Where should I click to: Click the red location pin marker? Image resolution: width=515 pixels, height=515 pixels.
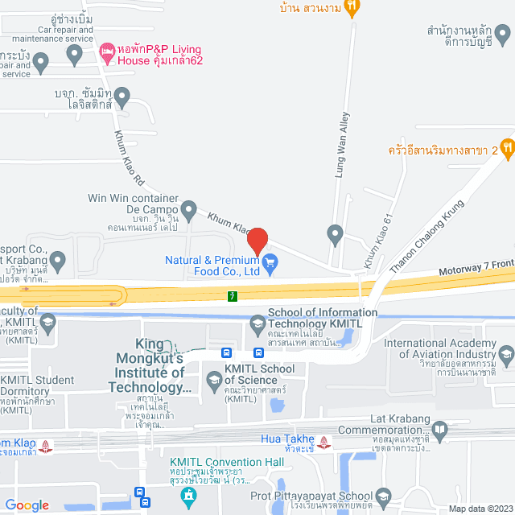click(257, 241)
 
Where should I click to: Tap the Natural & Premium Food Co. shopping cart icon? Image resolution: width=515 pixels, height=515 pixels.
click(270, 261)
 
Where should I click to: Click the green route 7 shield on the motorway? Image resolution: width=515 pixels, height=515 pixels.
click(233, 296)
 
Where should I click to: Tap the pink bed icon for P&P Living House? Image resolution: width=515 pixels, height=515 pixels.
click(106, 53)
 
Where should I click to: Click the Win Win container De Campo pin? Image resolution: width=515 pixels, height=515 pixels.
click(189, 211)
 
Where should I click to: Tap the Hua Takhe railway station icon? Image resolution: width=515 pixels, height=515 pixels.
click(323, 441)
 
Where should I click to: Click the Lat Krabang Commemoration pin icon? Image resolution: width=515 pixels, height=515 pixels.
click(439, 433)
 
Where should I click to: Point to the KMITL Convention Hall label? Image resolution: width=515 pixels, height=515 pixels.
click(227, 462)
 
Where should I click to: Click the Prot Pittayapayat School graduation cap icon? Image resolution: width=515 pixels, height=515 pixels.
click(383, 496)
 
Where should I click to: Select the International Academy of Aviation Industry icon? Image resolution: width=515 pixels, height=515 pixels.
click(506, 352)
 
